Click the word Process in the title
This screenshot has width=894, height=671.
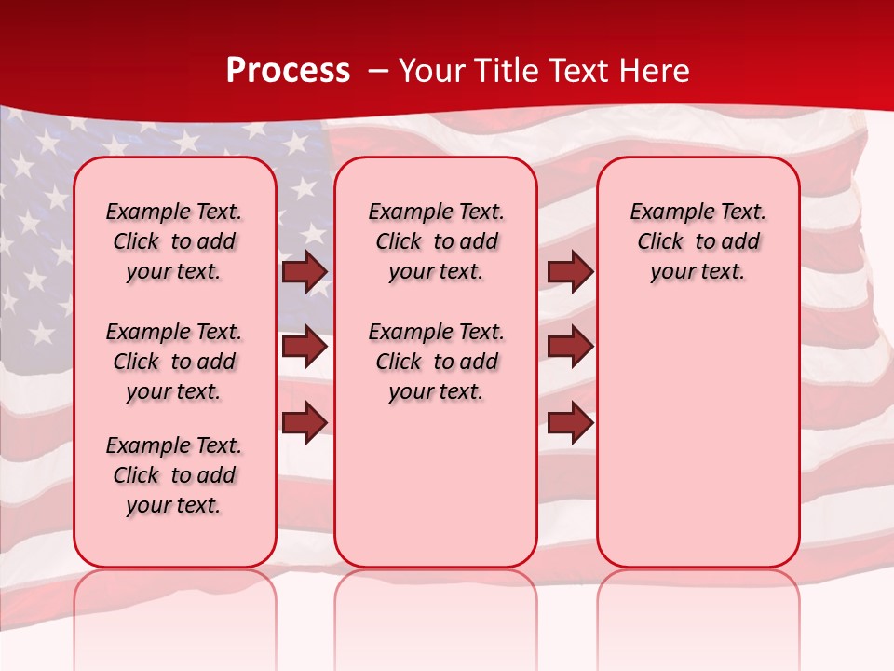click(x=288, y=71)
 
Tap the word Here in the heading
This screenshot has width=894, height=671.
click(x=656, y=71)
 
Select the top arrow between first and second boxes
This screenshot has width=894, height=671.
click(x=305, y=272)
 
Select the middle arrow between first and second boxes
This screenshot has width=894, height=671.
click(x=305, y=347)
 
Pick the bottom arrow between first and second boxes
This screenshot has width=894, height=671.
click(x=305, y=422)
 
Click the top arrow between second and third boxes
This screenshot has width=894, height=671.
click(x=570, y=272)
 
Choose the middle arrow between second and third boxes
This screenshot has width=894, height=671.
click(x=570, y=347)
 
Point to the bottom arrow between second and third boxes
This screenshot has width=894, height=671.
click(x=570, y=422)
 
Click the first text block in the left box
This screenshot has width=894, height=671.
click(x=174, y=241)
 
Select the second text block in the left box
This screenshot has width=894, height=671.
click(x=174, y=362)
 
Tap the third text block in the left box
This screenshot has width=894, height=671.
click(x=174, y=475)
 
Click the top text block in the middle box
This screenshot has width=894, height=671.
click(x=436, y=241)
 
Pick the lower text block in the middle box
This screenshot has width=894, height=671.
click(x=436, y=362)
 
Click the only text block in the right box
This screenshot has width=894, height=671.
click(x=698, y=241)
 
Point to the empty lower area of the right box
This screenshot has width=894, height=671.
click(x=698, y=429)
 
